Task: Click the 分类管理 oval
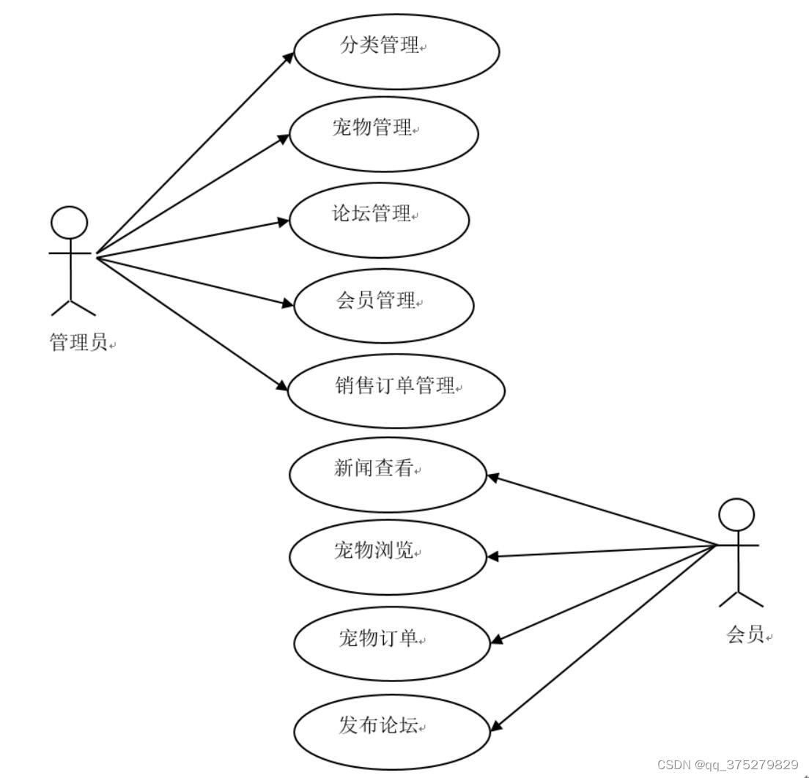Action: point(396,51)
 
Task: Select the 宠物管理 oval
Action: point(384,134)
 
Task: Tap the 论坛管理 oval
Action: point(379,220)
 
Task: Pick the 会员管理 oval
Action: point(384,305)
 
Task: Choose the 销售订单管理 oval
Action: point(396,390)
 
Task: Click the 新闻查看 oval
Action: point(388,474)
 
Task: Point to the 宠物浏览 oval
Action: point(388,557)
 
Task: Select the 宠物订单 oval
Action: point(392,643)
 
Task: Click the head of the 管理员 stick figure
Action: point(70,223)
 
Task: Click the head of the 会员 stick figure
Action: point(736,515)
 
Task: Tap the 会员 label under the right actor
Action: point(746,634)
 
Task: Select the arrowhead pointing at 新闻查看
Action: point(493,477)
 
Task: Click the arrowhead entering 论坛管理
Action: point(284,220)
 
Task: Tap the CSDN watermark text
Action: point(727,765)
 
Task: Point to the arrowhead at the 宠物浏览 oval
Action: point(493,556)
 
